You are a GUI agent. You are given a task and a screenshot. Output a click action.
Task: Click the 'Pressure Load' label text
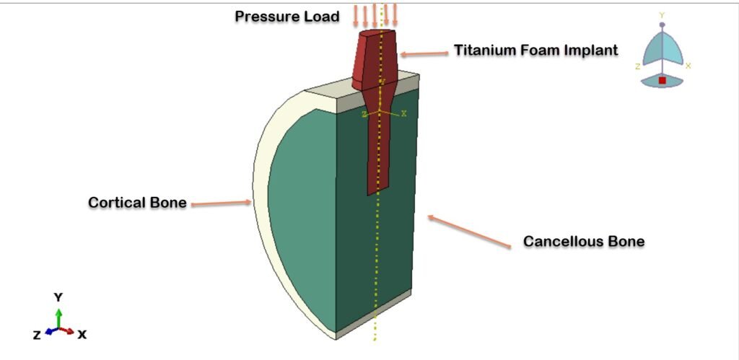coord(287,16)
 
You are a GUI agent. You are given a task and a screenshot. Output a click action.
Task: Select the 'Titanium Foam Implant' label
coord(535,51)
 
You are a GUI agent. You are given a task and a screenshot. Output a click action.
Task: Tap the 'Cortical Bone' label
coord(136,203)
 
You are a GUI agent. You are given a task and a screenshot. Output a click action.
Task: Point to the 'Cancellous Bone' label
coord(583,241)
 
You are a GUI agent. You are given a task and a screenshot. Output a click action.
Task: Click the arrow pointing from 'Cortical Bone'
coord(220,203)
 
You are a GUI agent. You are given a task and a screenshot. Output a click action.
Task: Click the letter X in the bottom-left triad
coord(82,335)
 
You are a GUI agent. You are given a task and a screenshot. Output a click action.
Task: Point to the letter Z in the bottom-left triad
coord(36,335)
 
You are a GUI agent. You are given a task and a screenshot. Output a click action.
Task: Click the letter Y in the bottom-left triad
coord(58,297)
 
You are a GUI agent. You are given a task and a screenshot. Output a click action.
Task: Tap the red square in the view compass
coord(662,80)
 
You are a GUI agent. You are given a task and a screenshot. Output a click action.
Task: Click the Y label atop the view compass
coord(662,14)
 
